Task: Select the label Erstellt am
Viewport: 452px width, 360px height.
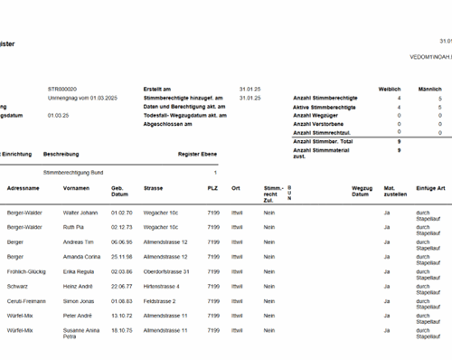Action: [x=156, y=89]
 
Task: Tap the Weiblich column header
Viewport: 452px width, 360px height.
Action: [x=390, y=89]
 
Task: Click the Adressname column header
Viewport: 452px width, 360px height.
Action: [x=23, y=188]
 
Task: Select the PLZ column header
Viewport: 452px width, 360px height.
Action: [x=212, y=188]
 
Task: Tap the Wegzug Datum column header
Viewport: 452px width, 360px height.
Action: [x=362, y=191]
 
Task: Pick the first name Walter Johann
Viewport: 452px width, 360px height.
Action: [x=80, y=213]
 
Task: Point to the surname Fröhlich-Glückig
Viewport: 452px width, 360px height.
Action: [x=27, y=271]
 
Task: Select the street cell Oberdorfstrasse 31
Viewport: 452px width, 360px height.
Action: [x=165, y=271]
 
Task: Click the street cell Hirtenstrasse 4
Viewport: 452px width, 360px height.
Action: [x=161, y=286]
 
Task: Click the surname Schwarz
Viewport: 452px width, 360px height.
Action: [x=17, y=286]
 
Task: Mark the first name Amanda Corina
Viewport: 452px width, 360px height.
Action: [x=82, y=257]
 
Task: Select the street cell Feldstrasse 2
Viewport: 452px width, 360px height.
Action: [x=158, y=300]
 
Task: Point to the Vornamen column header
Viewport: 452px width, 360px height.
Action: [x=76, y=188]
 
